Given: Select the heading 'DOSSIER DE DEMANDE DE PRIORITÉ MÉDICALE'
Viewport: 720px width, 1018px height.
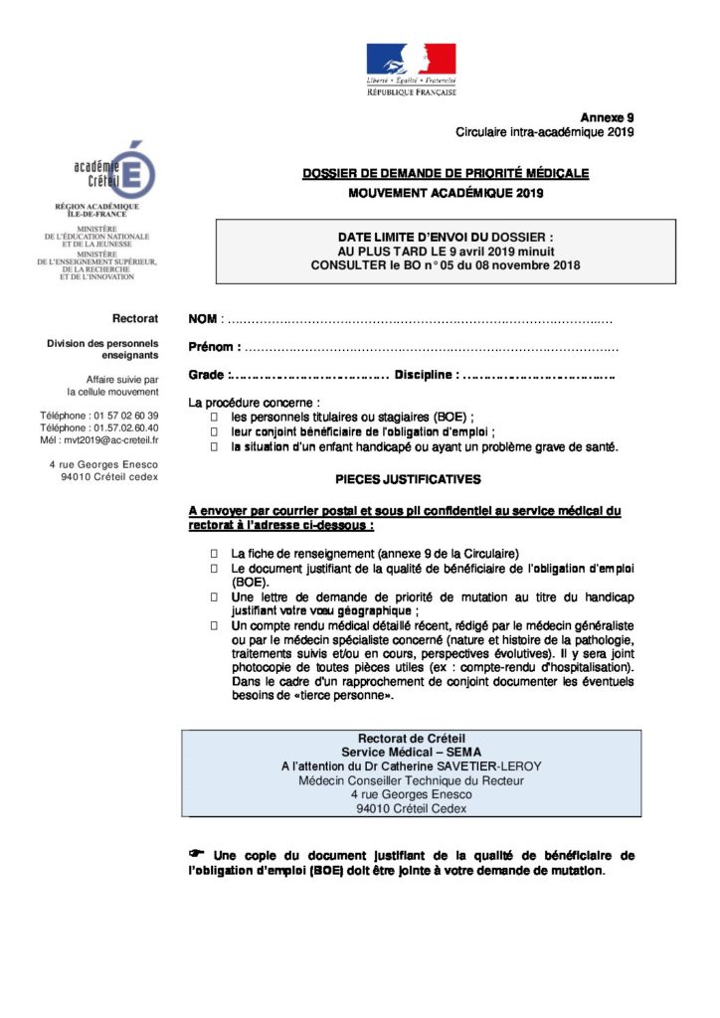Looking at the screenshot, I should click(446, 174).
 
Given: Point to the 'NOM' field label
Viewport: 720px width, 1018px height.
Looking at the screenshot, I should click(203, 319).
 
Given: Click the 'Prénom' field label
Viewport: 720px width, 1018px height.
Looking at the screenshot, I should click(214, 347).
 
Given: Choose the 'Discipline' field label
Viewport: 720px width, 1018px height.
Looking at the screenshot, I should click(426, 375).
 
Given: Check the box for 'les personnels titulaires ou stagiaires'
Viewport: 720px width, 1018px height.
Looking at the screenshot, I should click(214, 417).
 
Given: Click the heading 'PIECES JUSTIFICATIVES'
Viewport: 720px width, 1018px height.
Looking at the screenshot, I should click(408, 479).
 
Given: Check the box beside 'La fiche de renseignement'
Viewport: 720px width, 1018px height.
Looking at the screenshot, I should click(214, 553).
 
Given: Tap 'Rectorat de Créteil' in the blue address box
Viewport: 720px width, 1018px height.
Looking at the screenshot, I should click(405, 739).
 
